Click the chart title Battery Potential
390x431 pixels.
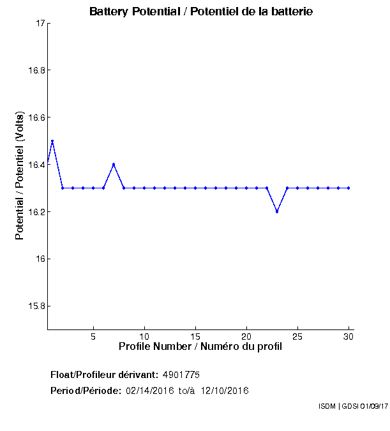(201, 11)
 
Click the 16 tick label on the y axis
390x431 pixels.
(41, 259)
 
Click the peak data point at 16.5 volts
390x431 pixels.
(52, 141)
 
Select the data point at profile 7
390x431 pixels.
(114, 164)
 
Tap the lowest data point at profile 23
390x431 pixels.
(277, 211)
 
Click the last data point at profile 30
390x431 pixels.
(349, 188)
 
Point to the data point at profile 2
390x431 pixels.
(63, 188)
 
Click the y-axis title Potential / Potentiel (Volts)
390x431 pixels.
(20, 176)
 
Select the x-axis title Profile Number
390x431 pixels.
(200, 347)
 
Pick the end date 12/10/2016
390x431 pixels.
(224, 390)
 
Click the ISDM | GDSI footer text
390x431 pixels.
(352, 406)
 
